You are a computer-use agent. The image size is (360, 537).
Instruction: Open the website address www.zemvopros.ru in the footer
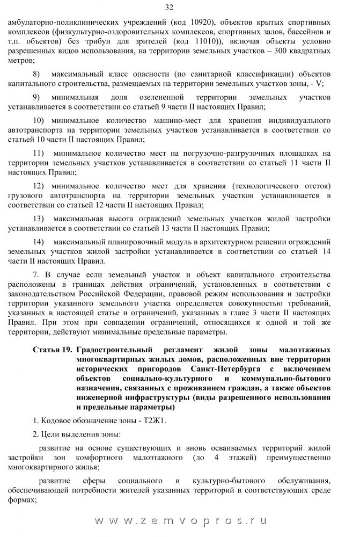pyautogui.click(x=180, y=521)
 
